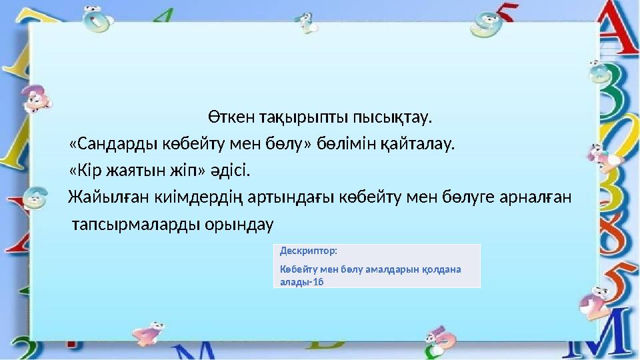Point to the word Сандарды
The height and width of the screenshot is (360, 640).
tap(111, 144)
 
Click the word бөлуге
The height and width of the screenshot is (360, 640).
tap(465, 197)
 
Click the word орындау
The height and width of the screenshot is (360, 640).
tap(241, 225)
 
